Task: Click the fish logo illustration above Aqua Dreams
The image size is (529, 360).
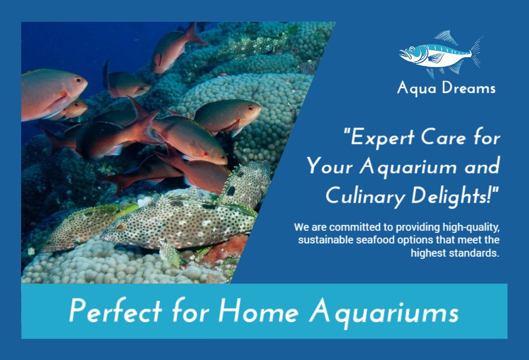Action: click(440, 54)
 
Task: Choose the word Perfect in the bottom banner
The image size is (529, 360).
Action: click(115, 310)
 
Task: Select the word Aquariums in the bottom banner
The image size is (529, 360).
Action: click(384, 312)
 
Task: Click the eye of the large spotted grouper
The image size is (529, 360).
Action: click(121, 227)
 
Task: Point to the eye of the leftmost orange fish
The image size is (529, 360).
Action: click(78, 80)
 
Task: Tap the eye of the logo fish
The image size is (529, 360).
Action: click(412, 49)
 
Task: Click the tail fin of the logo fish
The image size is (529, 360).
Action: click(477, 52)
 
